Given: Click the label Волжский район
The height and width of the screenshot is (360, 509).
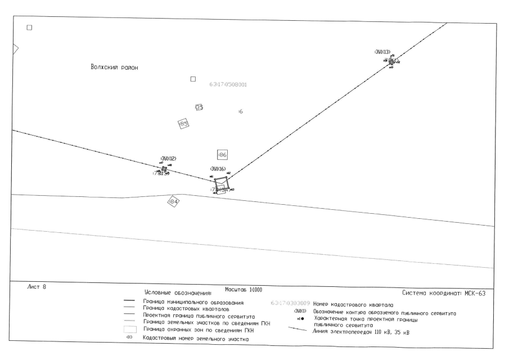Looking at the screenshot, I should tap(114, 67).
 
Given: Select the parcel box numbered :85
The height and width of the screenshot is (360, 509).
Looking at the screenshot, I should tap(183, 124).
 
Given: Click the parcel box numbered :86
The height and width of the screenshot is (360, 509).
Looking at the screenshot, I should tap(222, 155).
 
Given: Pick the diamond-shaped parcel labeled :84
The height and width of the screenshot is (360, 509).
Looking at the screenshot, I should tap(173, 201).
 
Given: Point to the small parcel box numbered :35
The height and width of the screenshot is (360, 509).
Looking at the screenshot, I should tap(199, 107).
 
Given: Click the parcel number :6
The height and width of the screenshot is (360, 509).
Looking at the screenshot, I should tap(240, 112).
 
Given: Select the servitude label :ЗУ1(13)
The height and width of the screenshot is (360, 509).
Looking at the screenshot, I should tap(382, 52).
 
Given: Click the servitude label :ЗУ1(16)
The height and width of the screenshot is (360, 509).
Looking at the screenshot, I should tap(218, 169).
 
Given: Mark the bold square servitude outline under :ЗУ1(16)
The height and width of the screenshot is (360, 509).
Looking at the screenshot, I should tap(222, 185).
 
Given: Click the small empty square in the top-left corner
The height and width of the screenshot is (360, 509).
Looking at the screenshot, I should tap(30, 28).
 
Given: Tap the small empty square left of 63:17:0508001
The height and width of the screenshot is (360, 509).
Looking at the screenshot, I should tap(193, 79).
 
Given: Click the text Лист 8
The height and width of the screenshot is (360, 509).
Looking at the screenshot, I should tap(36, 288).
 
